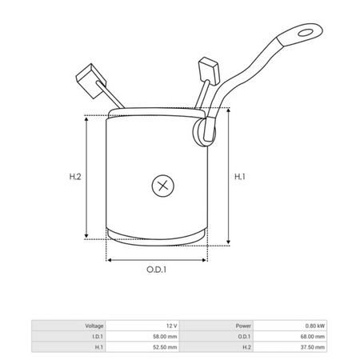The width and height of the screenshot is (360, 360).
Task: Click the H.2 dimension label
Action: (75, 177)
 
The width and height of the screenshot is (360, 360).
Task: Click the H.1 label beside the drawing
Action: (240, 177)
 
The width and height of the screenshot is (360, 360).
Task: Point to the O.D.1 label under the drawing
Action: (156, 270)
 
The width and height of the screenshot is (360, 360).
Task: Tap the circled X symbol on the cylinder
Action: (163, 186)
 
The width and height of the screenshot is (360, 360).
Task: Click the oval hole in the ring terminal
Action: (306, 33)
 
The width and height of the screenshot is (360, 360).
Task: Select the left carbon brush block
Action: (91, 81)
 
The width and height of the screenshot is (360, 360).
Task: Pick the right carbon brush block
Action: (209, 70)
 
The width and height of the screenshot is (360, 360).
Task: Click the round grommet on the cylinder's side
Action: (203, 132)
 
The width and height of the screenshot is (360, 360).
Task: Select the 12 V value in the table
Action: (171, 326)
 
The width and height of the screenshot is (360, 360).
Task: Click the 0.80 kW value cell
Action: (315, 326)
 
